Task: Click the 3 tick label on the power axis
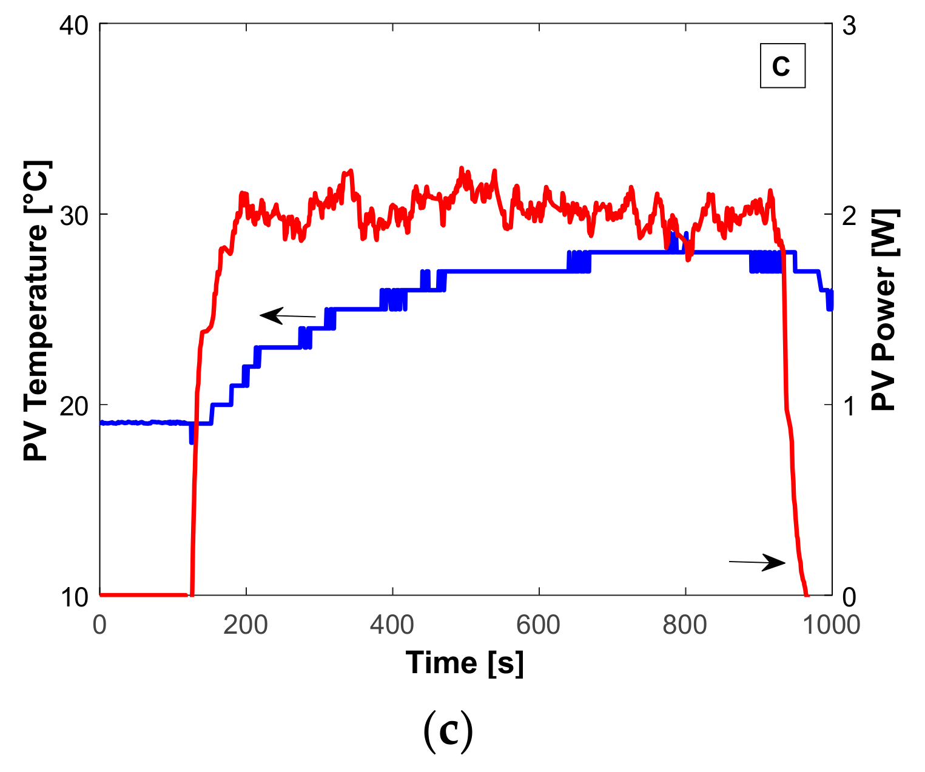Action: click(x=849, y=26)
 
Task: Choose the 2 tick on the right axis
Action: click(x=849, y=216)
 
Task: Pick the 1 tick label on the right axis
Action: click(x=849, y=406)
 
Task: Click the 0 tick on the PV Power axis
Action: click(x=849, y=597)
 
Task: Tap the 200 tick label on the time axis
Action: click(x=246, y=625)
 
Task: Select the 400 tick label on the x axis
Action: click(x=392, y=625)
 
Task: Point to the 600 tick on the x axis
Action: click(x=539, y=625)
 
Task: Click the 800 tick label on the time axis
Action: click(x=685, y=625)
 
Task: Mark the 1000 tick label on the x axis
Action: click(x=830, y=625)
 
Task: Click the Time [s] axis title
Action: click(x=465, y=663)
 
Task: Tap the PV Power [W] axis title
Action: click(x=886, y=310)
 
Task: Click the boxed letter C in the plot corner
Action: click(x=782, y=65)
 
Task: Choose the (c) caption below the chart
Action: click(x=448, y=732)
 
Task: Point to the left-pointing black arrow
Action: click(x=288, y=316)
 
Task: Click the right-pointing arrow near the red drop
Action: click(x=757, y=562)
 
